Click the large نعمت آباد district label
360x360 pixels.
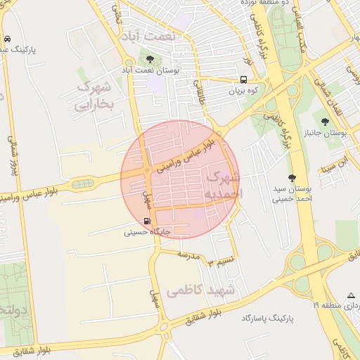point(150,34)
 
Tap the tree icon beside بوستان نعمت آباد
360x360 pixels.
point(150,58)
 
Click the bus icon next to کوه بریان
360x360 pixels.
point(243,79)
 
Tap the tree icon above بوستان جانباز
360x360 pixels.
point(324,122)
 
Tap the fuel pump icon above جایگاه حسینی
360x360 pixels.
point(147,220)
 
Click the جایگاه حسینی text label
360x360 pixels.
point(148,230)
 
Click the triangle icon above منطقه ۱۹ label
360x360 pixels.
point(351,295)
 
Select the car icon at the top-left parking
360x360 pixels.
point(6,39)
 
